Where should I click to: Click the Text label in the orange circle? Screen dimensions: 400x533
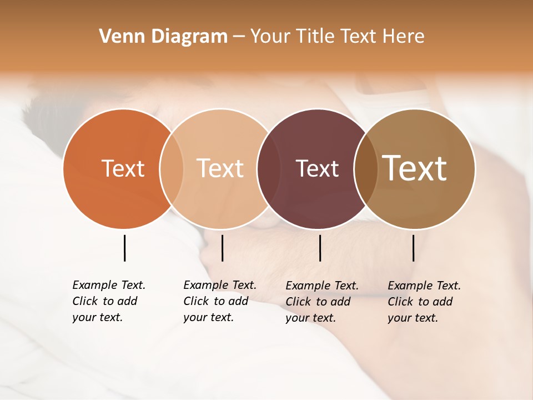pos(123,169)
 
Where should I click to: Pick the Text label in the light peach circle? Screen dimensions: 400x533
pos(220,169)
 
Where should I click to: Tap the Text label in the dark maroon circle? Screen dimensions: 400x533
pos(317,169)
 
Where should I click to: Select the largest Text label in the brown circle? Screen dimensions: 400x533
pos(415,168)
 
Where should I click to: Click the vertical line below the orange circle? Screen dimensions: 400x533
pos(125,248)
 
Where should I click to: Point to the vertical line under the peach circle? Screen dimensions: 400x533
pos(222,248)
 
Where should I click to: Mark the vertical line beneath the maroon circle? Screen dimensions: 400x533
pos(320,248)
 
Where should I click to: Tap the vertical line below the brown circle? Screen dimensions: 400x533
pos(414,248)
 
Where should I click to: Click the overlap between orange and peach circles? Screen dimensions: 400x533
pos(172,169)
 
